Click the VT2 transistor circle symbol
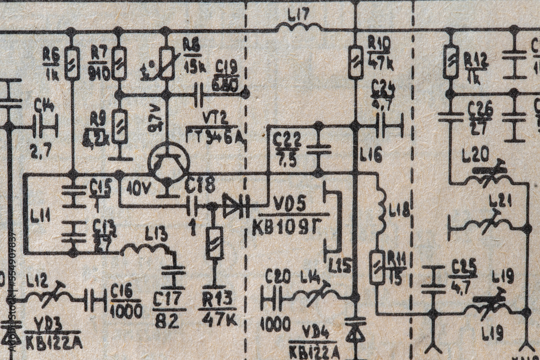click(169, 162)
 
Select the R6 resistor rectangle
click(72, 63)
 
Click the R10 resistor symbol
click(355, 62)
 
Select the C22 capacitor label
click(287, 143)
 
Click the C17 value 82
click(167, 321)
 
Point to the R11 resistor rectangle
click(377, 267)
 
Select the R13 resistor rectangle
click(214, 243)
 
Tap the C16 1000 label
click(126, 301)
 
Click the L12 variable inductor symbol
click(50, 295)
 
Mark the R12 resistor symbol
click(450, 62)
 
